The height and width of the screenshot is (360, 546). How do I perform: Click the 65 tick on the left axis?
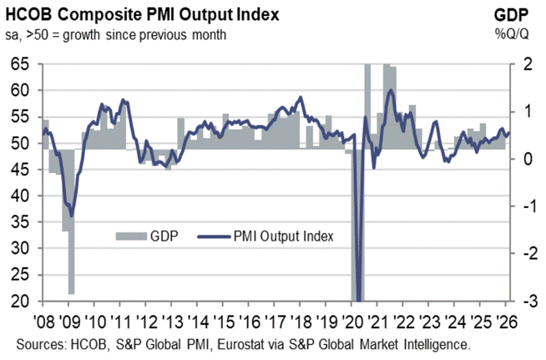coord(23,63)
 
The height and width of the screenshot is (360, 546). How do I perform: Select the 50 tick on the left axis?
coord(23,143)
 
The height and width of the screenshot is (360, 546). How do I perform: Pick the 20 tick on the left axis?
coord(23,302)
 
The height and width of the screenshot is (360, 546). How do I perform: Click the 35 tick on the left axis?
coord(23,222)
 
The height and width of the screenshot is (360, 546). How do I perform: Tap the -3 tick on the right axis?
coord(518,302)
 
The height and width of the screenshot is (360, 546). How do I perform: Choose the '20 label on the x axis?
coord(355,322)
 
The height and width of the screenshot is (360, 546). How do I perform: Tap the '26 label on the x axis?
coord(506,322)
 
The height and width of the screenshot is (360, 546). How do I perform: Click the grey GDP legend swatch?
coord(129,236)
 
